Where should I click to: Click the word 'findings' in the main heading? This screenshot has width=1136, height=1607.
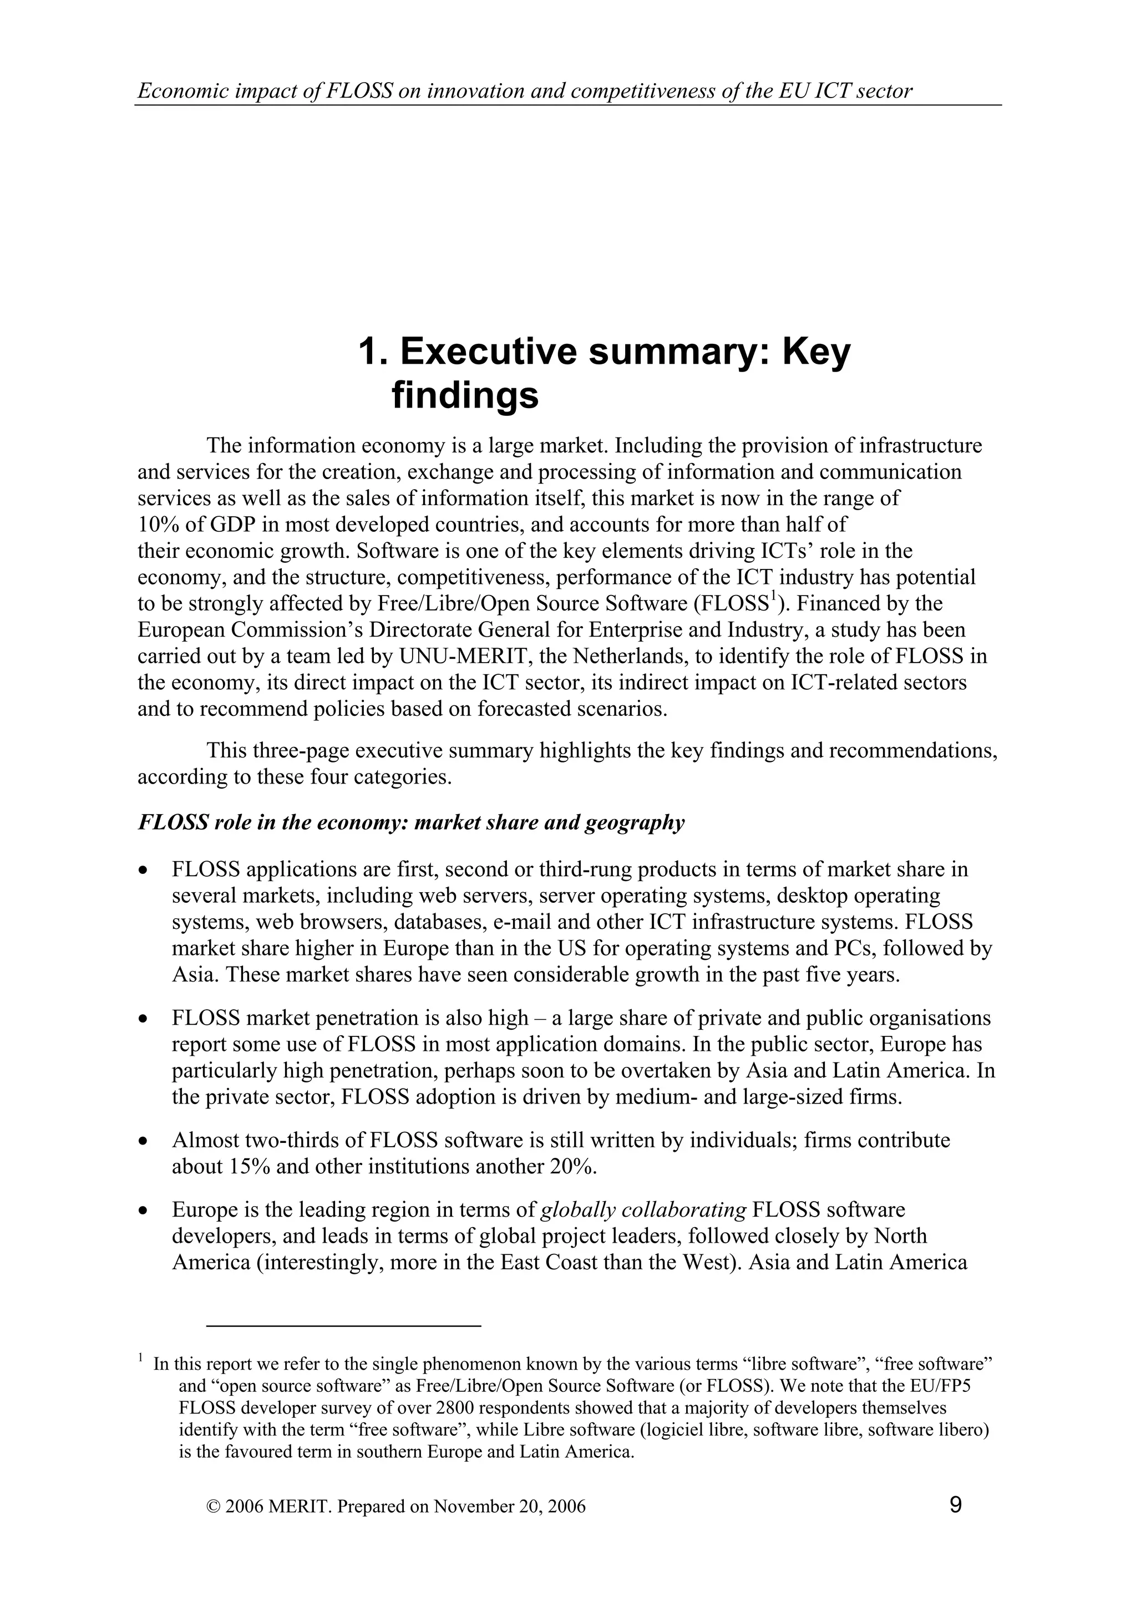465,395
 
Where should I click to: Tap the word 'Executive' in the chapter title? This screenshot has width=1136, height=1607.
489,352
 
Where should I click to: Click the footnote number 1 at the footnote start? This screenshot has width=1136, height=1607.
141,1359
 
